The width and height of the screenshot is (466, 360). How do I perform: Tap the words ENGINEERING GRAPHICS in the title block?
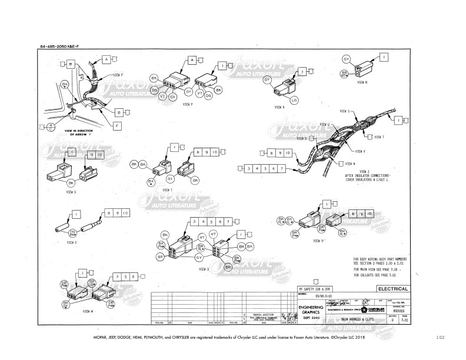(x=309, y=309)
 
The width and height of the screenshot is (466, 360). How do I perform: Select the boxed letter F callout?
(x=118, y=125)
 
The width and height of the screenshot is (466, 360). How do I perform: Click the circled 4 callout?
(x=52, y=126)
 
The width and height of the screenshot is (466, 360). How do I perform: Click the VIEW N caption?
(x=363, y=84)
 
